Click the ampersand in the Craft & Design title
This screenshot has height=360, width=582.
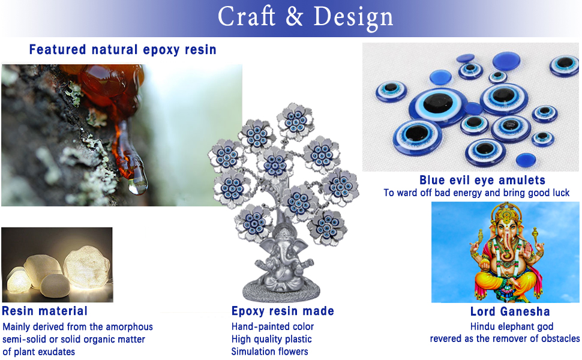click(295, 17)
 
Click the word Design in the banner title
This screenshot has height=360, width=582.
click(353, 18)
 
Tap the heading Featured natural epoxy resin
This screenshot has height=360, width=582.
click(122, 50)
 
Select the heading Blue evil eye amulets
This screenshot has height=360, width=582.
click(482, 180)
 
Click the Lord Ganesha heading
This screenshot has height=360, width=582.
click(510, 311)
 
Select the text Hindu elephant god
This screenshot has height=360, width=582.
click(511, 326)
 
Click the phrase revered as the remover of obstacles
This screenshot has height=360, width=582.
click(505, 338)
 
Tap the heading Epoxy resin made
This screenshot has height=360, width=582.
click(283, 311)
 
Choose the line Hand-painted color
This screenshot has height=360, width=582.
click(272, 326)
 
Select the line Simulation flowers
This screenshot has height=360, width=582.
click(269, 352)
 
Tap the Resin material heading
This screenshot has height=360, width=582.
click(44, 311)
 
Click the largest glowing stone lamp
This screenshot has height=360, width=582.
click(86, 266)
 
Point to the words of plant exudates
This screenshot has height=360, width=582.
click(38, 352)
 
